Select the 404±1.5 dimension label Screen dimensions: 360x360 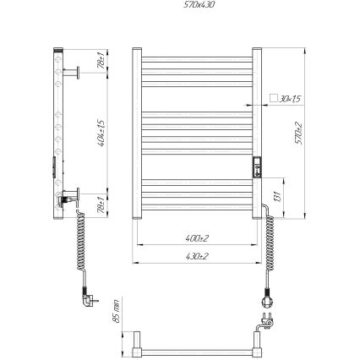pyautogui.click(x=101, y=130)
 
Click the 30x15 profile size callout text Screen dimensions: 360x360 pyautogui.click(x=290, y=99)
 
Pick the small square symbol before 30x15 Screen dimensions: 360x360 pyautogui.click(x=273, y=99)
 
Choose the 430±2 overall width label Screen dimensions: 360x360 pyautogui.click(x=196, y=255)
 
